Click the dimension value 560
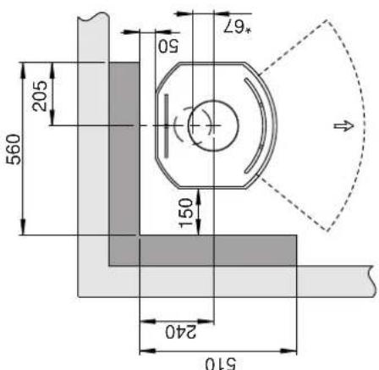click(x=14, y=150)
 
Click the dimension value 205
click(x=40, y=96)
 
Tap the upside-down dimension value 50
click(x=168, y=46)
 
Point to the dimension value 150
click(x=186, y=213)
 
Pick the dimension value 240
click(x=180, y=332)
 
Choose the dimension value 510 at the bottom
click(x=220, y=364)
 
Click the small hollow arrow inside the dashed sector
click(x=343, y=125)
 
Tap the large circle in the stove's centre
click(x=213, y=125)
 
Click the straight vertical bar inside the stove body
click(x=167, y=125)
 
